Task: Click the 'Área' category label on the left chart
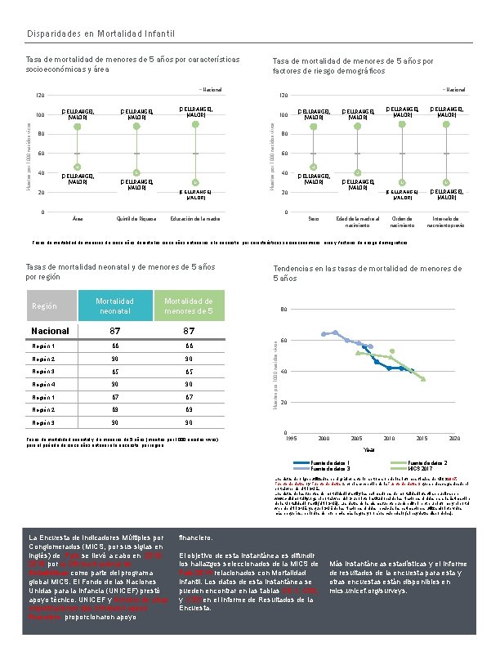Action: [78, 219]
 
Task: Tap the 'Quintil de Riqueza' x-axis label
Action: [136, 219]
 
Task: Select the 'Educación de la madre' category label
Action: [195, 219]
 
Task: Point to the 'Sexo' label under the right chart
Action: [314, 219]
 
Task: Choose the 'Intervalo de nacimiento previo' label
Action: [446, 221]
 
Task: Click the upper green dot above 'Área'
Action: [78, 127]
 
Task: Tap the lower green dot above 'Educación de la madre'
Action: [195, 181]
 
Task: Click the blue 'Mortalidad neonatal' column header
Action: [115, 306]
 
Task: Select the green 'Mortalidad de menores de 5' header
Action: [189, 306]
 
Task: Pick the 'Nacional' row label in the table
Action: [51, 331]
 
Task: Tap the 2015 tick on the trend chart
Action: [422, 439]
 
